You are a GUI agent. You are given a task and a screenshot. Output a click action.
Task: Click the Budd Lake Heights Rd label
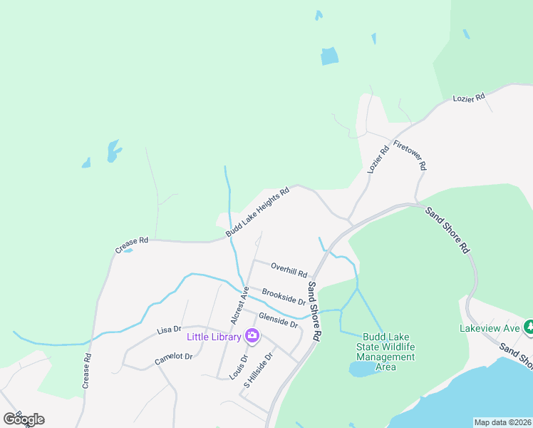[x=258, y=213]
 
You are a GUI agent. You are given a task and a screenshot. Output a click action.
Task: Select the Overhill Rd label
[x=289, y=269]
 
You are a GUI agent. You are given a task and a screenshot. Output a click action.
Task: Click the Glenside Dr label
[x=278, y=320]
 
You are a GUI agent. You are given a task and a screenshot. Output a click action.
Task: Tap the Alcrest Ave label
[x=237, y=305]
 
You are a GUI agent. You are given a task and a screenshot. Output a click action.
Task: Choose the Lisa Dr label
[x=168, y=330]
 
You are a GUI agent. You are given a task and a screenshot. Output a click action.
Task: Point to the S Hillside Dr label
[x=259, y=369]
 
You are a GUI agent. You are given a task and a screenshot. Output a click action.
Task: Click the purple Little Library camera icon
[x=252, y=335]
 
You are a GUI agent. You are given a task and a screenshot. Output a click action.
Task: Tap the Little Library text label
[x=214, y=337]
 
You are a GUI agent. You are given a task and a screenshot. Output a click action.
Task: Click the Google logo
[x=24, y=419]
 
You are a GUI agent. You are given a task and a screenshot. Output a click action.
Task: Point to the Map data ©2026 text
[x=502, y=422]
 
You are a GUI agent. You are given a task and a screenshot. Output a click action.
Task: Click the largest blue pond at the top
[x=329, y=56]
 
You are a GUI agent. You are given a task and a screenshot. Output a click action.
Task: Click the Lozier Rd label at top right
[x=468, y=96]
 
